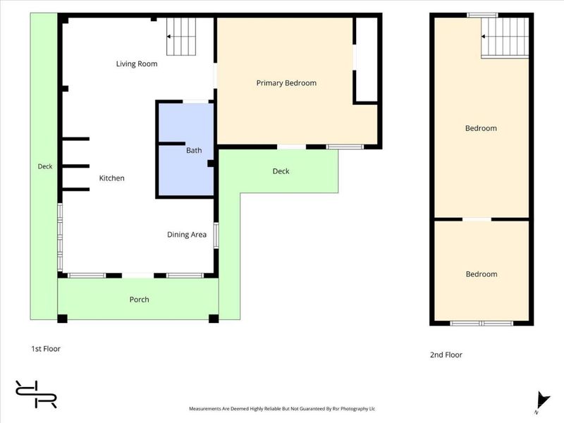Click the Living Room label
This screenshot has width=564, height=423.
(137, 64)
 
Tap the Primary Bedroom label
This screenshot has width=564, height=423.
(286, 83)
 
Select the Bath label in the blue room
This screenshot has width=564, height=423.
(194, 150)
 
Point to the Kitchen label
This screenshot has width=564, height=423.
(112, 178)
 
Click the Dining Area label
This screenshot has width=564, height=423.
(187, 235)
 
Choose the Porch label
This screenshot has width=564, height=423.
(139, 300)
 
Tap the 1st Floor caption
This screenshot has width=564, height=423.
(46, 349)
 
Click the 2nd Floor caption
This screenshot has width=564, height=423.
(446, 355)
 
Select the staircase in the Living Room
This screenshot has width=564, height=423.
(181, 37)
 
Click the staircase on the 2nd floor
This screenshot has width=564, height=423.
(505, 37)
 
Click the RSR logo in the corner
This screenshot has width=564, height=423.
(36, 394)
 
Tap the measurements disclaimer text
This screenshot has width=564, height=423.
(282, 409)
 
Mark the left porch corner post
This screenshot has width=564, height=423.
(62, 319)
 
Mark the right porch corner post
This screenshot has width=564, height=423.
(214, 319)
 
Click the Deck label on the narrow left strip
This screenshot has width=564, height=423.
(45, 166)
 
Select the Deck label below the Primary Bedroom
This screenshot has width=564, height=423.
(281, 171)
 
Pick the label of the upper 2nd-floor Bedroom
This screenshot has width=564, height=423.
(481, 128)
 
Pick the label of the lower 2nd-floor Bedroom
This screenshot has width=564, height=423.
(482, 274)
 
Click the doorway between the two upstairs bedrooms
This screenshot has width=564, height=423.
(477, 219)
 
